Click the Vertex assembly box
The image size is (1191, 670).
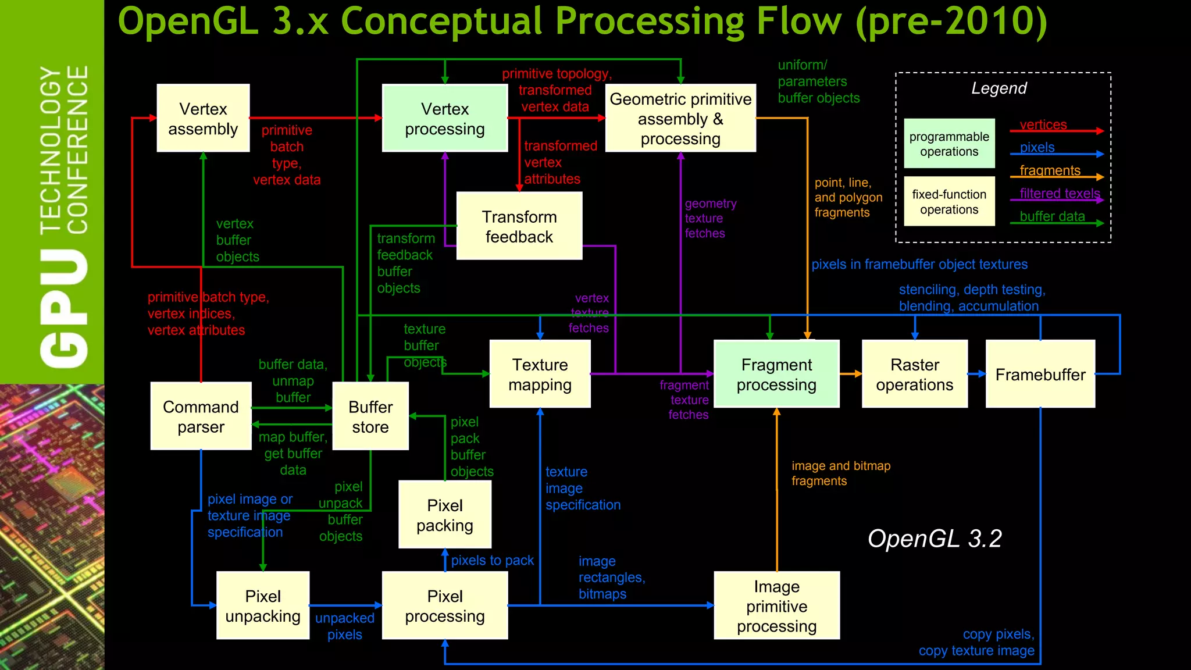click(x=203, y=118)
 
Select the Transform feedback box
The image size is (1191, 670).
click(x=519, y=226)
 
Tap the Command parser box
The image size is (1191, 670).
click(x=201, y=416)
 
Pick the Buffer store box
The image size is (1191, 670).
click(x=370, y=416)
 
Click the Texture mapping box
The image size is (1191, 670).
click(x=540, y=374)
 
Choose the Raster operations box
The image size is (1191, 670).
click(x=914, y=374)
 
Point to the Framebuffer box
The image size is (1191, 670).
click(x=1040, y=374)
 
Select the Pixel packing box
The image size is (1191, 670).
click(x=445, y=514)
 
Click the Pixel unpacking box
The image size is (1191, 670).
click(x=263, y=605)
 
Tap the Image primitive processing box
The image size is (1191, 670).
click(x=776, y=605)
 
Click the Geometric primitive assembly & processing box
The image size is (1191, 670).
click(x=680, y=118)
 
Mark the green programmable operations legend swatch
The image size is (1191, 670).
click(x=949, y=144)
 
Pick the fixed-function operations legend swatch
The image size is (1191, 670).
click(x=949, y=201)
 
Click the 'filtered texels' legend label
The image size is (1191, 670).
click(x=1060, y=193)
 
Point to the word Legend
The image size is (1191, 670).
click(x=999, y=88)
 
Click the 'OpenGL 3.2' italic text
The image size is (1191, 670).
click(x=935, y=539)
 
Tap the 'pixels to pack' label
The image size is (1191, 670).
click(x=492, y=560)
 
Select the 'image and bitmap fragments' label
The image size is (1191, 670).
click(x=840, y=473)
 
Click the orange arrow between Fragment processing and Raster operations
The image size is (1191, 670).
click(x=850, y=374)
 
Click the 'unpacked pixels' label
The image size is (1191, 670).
click(x=344, y=626)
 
